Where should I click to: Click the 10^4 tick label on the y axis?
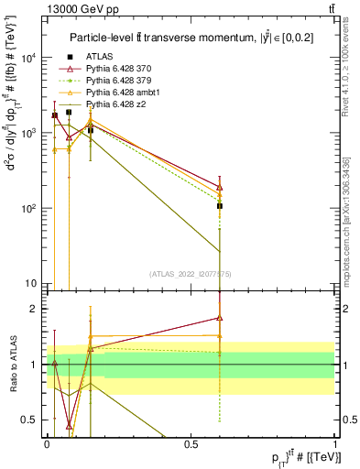point(27,57)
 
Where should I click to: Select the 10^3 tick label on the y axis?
point(27,133)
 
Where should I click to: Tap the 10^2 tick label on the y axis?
point(27,209)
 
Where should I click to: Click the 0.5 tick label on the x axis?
point(191,443)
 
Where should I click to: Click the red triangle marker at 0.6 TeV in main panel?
point(219,187)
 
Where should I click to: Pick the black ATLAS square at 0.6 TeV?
point(219,206)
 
